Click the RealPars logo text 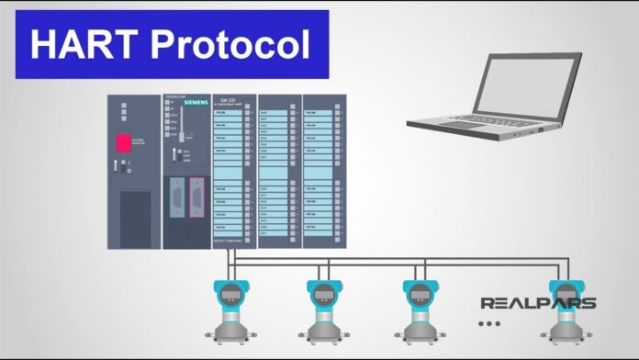point(538,302)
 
